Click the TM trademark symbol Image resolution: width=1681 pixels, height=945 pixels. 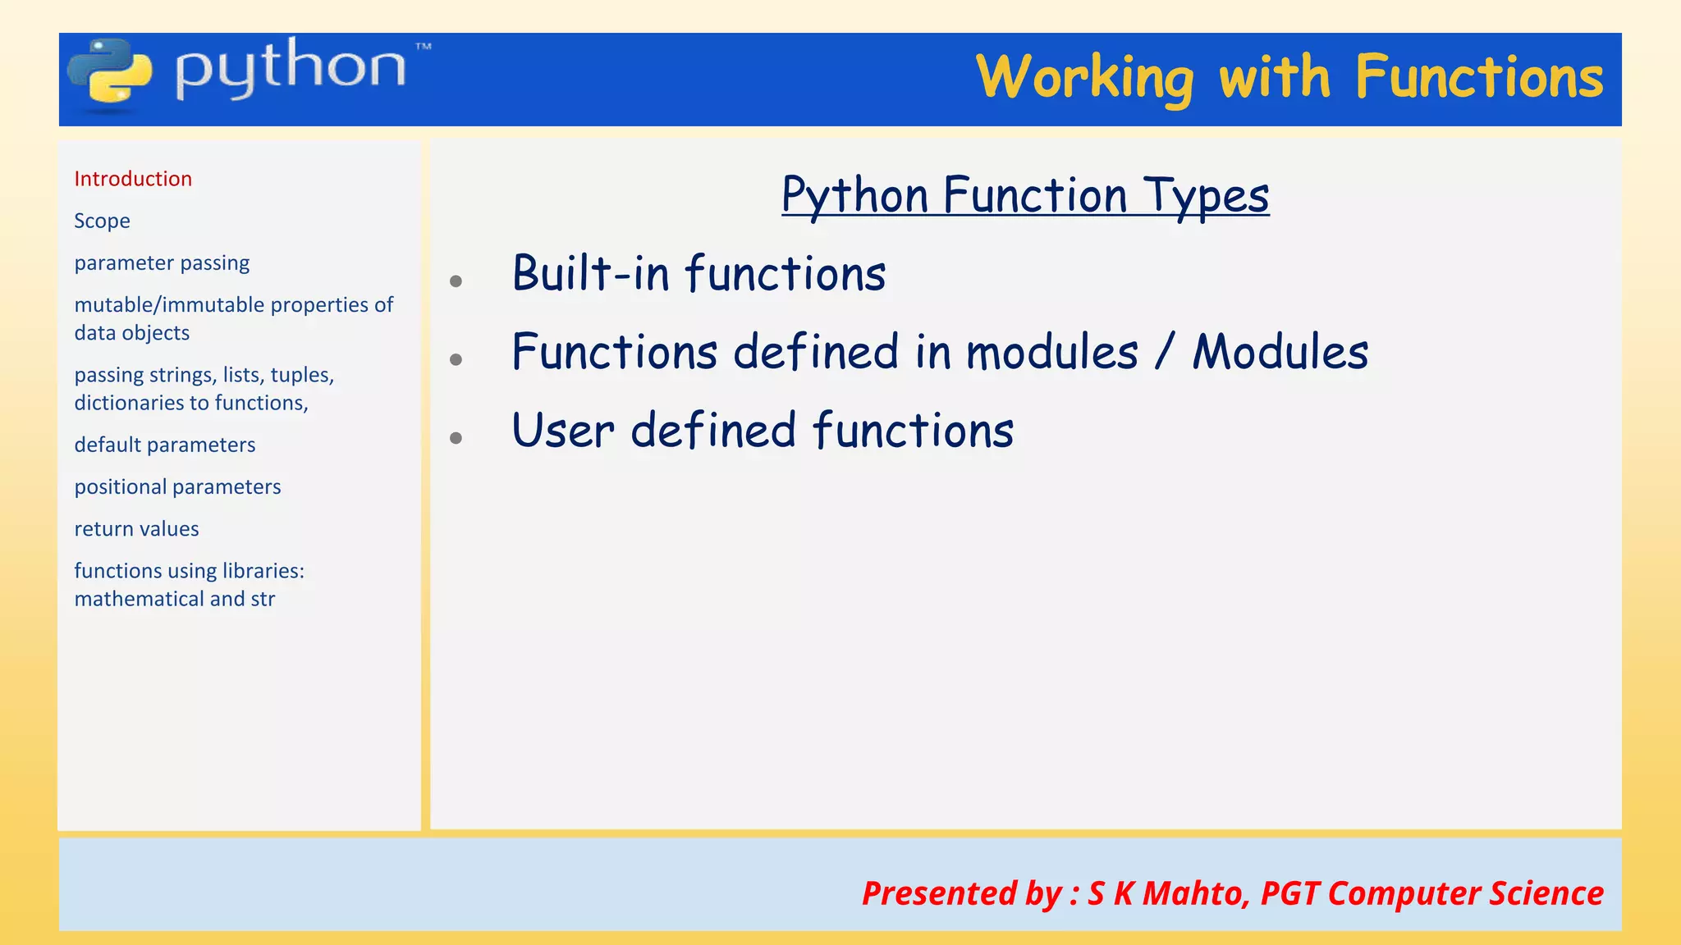423,47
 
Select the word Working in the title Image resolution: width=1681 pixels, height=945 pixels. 1084,79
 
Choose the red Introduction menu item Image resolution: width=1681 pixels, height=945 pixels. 133,179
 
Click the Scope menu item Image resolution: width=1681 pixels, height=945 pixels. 102,221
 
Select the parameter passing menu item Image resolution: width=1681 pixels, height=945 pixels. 162,262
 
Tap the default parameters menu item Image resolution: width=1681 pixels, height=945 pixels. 165,445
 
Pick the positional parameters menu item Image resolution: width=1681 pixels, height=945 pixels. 177,486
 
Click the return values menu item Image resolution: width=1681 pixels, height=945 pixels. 136,529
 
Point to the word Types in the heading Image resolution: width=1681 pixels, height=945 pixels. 1207,197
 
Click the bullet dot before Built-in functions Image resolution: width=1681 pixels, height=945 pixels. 456,281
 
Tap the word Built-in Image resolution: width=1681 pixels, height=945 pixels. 591,273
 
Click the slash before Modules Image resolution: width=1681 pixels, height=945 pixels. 1165,353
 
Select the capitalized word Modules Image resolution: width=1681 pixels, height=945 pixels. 1280,353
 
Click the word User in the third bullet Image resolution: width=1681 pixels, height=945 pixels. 562,431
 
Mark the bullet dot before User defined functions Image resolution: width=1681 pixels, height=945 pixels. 456,438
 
